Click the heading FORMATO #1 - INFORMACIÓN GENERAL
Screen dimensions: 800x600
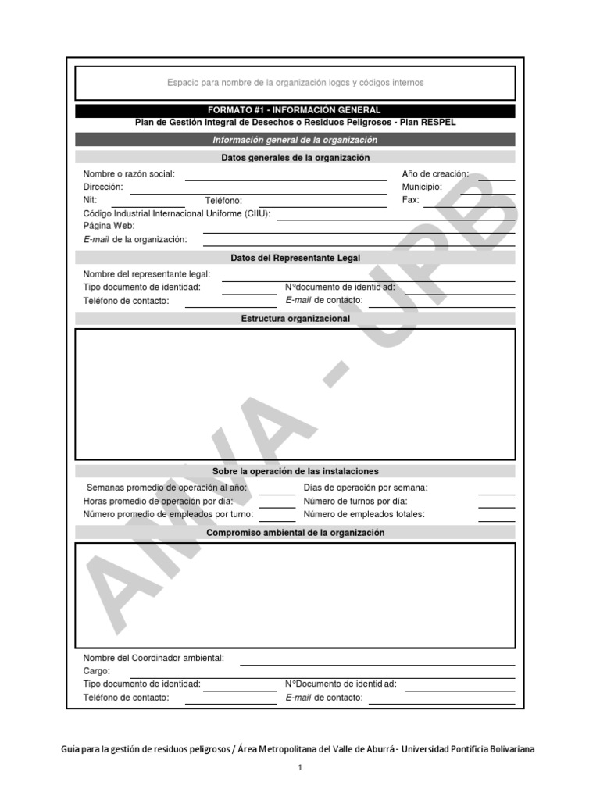(295, 111)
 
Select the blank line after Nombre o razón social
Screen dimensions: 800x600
(286, 178)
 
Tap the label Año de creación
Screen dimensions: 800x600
(435, 174)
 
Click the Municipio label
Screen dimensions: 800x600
(422, 187)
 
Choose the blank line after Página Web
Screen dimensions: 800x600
(358, 231)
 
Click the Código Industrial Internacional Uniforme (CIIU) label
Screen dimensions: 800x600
(177, 213)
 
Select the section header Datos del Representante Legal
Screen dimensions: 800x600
(295, 258)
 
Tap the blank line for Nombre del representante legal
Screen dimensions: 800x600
(368, 279)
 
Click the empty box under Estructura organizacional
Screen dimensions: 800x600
(295, 394)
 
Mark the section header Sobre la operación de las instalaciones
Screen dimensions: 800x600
(295, 471)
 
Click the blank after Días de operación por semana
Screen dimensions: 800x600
(496, 493)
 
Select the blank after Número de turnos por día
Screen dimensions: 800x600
(496, 506)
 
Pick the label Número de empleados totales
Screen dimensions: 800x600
(363, 514)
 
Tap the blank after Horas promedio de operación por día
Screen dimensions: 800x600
(277, 506)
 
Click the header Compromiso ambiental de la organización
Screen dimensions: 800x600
(295, 533)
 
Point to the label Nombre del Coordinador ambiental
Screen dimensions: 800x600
(153, 658)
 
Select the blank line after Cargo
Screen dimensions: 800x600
(322, 676)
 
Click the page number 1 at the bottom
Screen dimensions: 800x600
(299, 768)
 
